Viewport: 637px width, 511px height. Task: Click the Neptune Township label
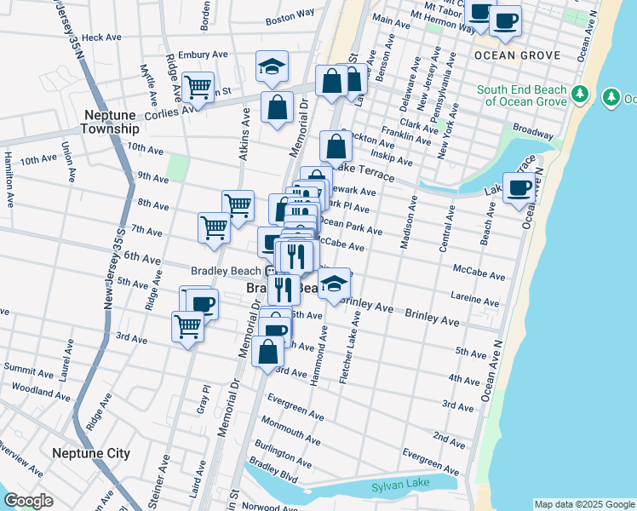(109, 121)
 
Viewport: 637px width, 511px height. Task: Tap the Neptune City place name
(90, 453)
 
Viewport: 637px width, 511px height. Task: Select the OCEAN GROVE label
(517, 55)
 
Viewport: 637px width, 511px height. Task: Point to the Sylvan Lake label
(397, 487)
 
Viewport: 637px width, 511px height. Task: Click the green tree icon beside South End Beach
(581, 94)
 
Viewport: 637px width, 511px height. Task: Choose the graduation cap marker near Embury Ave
(272, 68)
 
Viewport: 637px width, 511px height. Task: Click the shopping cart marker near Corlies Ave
(198, 88)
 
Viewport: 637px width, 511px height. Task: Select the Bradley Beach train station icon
(270, 271)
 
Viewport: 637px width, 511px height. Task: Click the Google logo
(28, 501)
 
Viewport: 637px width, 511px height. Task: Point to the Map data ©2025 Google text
(583, 504)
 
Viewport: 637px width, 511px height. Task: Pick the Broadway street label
(532, 134)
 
